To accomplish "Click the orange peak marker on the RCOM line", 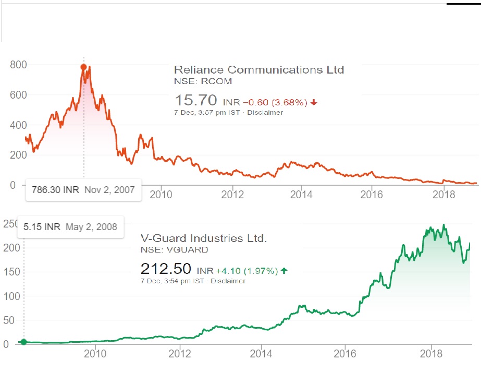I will pyautogui.click(x=83, y=67).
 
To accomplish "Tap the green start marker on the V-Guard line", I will pyautogui.click(x=23, y=342).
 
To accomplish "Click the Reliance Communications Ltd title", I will pyautogui.click(x=258, y=69).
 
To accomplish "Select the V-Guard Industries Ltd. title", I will pyautogui.click(x=204, y=238).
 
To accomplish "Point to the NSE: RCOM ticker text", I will pyautogui.click(x=203, y=81).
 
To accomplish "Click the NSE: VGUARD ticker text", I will pyautogui.click(x=175, y=250).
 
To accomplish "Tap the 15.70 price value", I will pyautogui.click(x=196, y=100).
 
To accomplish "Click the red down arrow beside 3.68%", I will pyautogui.click(x=314, y=102).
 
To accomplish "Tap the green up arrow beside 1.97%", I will pyautogui.click(x=284, y=271).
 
